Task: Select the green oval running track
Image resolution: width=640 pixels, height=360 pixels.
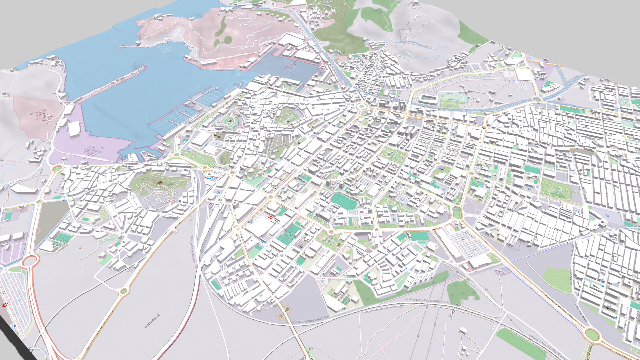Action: tap(343, 201)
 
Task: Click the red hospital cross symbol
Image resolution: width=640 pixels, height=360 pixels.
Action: tap(271, 217)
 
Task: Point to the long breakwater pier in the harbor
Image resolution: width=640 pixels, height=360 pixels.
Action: tap(110, 83)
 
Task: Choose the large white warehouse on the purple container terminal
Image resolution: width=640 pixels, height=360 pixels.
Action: tap(74, 128)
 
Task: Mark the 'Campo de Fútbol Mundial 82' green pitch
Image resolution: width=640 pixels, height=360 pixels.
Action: tap(287, 235)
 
